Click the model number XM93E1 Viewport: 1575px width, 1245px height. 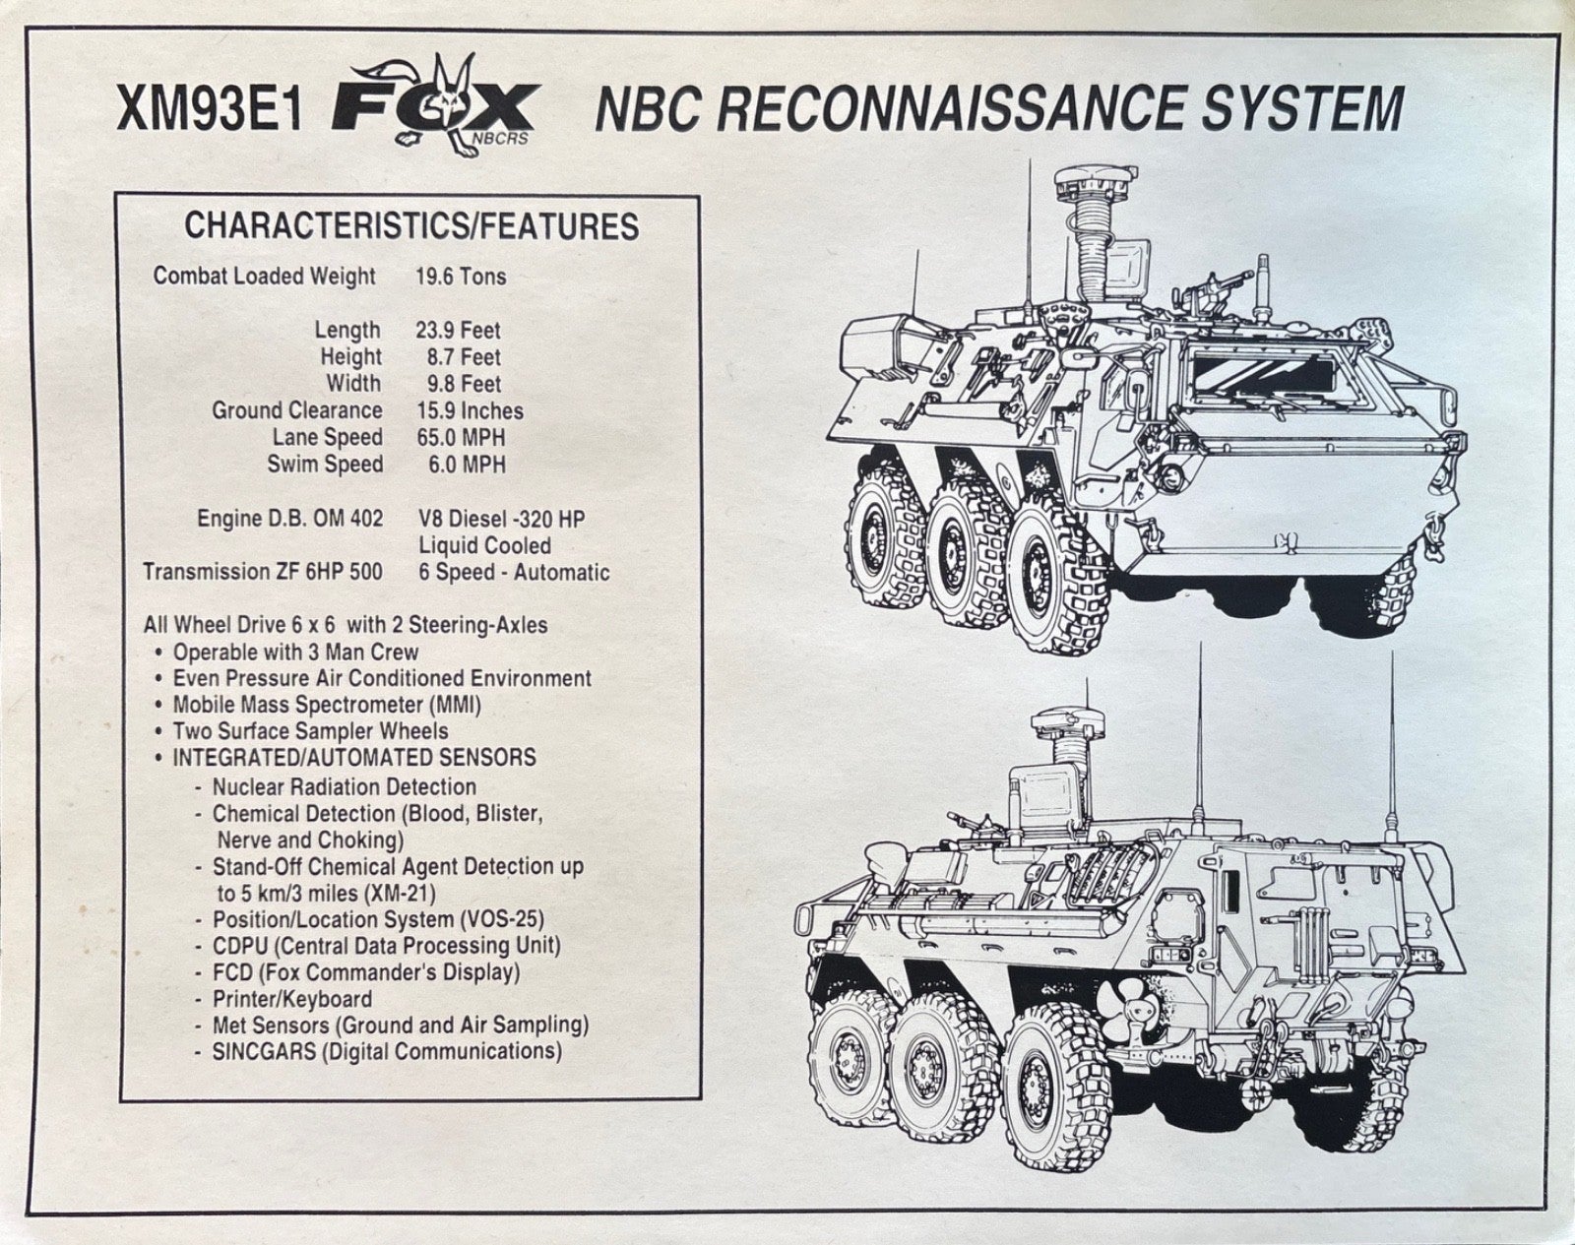tap(208, 115)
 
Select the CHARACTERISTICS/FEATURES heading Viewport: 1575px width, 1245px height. tap(411, 226)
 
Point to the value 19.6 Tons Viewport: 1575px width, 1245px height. tap(461, 277)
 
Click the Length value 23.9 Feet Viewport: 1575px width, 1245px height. tap(458, 331)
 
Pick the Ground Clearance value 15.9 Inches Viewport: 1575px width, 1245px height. tap(470, 411)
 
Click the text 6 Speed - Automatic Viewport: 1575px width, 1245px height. tap(514, 573)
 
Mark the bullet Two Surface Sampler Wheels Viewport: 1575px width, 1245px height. tap(310, 731)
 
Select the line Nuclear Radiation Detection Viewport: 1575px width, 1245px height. tap(344, 787)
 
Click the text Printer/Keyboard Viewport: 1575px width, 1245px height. tap(291, 999)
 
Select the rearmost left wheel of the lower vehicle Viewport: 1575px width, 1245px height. tap(1048, 1073)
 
